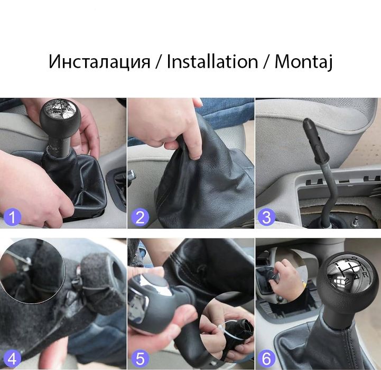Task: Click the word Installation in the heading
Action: click(x=212, y=61)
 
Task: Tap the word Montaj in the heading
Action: click(x=303, y=61)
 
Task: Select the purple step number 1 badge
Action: click(x=12, y=217)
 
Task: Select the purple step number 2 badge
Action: click(x=140, y=217)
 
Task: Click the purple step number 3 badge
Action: click(x=267, y=217)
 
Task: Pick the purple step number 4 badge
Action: click(x=12, y=359)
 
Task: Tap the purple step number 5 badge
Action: click(x=140, y=359)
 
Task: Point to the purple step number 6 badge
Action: click(x=267, y=359)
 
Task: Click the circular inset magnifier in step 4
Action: click(x=32, y=275)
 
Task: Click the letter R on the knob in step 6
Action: click(x=364, y=276)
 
